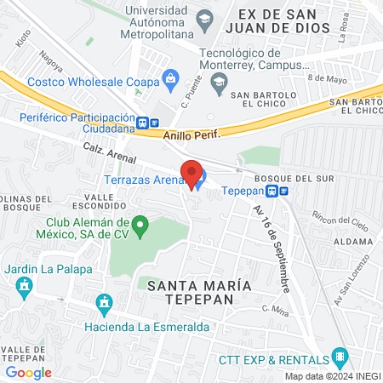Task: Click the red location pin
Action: tap(191, 174)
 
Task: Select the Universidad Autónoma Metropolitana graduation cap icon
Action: tap(205, 19)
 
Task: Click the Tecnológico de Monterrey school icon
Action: tap(219, 82)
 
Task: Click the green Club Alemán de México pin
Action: tap(143, 226)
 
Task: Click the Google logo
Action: tap(29, 372)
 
